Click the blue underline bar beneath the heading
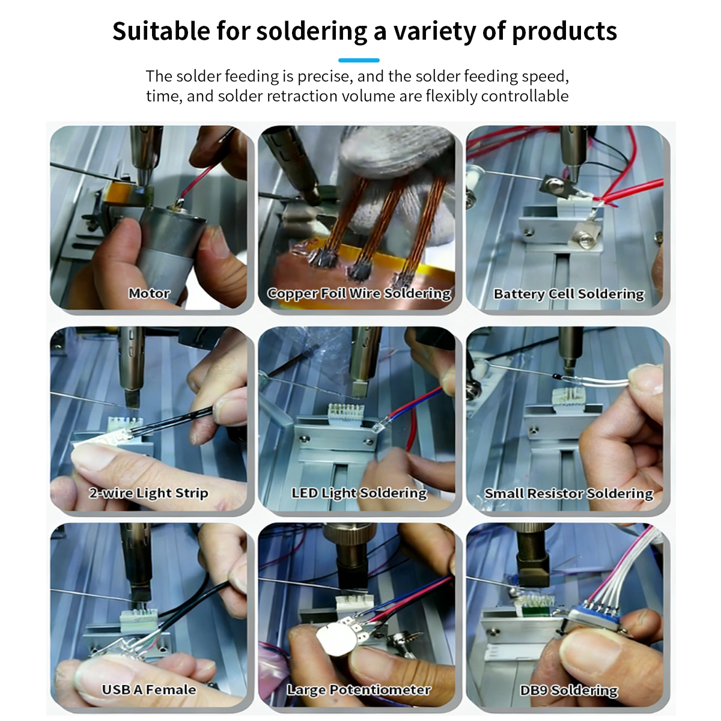point(359,60)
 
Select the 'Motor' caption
point(149,293)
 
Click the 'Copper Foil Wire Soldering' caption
point(359,294)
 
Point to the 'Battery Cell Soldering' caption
point(569,294)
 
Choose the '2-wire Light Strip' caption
point(148,493)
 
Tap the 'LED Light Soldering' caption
point(359,493)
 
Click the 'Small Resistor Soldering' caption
point(569,493)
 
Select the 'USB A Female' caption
point(149,690)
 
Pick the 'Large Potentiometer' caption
point(359,690)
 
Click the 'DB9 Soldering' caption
point(569,690)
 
